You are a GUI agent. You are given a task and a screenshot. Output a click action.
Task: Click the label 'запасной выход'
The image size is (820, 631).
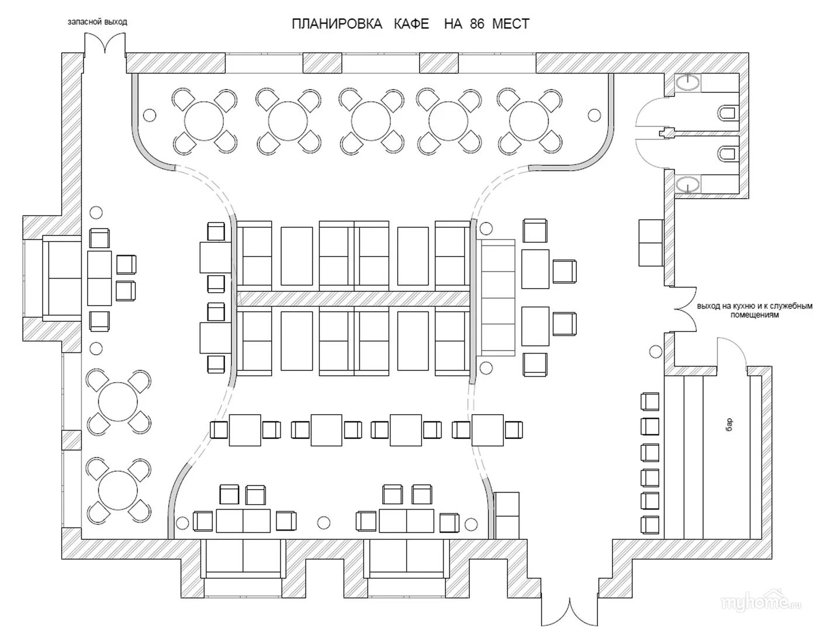pos(97,22)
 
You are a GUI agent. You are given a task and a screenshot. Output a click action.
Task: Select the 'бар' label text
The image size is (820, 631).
pos(729,424)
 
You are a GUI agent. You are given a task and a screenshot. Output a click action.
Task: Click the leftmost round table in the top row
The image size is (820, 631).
pos(204,121)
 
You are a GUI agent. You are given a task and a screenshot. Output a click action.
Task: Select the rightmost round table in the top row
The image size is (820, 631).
pos(528,121)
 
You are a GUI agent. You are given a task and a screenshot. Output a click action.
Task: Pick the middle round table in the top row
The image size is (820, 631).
pos(371,121)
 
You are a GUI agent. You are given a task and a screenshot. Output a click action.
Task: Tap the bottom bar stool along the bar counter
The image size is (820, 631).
pos(650,524)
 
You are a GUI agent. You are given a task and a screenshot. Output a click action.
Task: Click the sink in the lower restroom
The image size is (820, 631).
pos(690,185)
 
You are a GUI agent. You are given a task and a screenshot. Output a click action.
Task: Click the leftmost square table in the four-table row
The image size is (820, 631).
pos(245,429)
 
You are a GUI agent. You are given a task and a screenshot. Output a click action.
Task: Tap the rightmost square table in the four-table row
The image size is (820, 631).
pos(487,429)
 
